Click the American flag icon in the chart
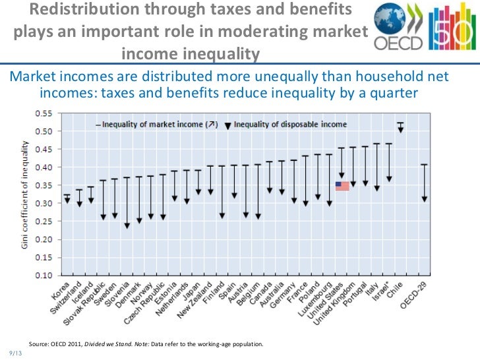pos(342,186)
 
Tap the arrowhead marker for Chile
pos(400,129)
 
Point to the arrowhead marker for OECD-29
pos(425,198)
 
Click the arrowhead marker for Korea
pos(67,200)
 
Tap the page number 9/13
pos(15,352)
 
